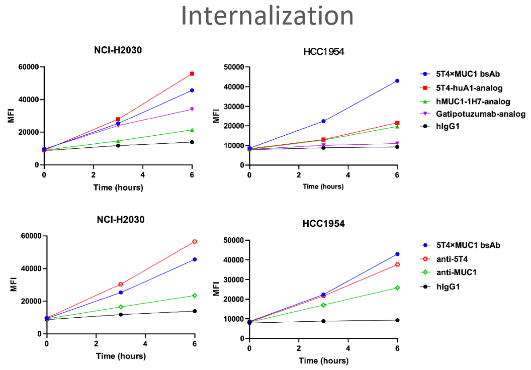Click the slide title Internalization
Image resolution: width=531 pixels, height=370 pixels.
267,16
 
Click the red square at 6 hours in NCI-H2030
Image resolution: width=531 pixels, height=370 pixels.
192,74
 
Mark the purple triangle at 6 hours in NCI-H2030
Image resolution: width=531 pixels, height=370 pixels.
192,109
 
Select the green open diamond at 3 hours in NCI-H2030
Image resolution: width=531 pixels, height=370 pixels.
121,307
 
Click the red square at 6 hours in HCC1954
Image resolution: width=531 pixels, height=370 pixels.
397,123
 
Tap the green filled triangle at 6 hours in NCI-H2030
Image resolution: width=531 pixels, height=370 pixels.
192,130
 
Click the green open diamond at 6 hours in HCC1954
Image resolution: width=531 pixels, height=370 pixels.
397,288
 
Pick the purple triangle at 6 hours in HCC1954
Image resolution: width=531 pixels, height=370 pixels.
397,143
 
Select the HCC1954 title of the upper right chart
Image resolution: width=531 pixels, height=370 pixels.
323,51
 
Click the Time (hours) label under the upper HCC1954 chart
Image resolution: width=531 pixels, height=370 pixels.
323,187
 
